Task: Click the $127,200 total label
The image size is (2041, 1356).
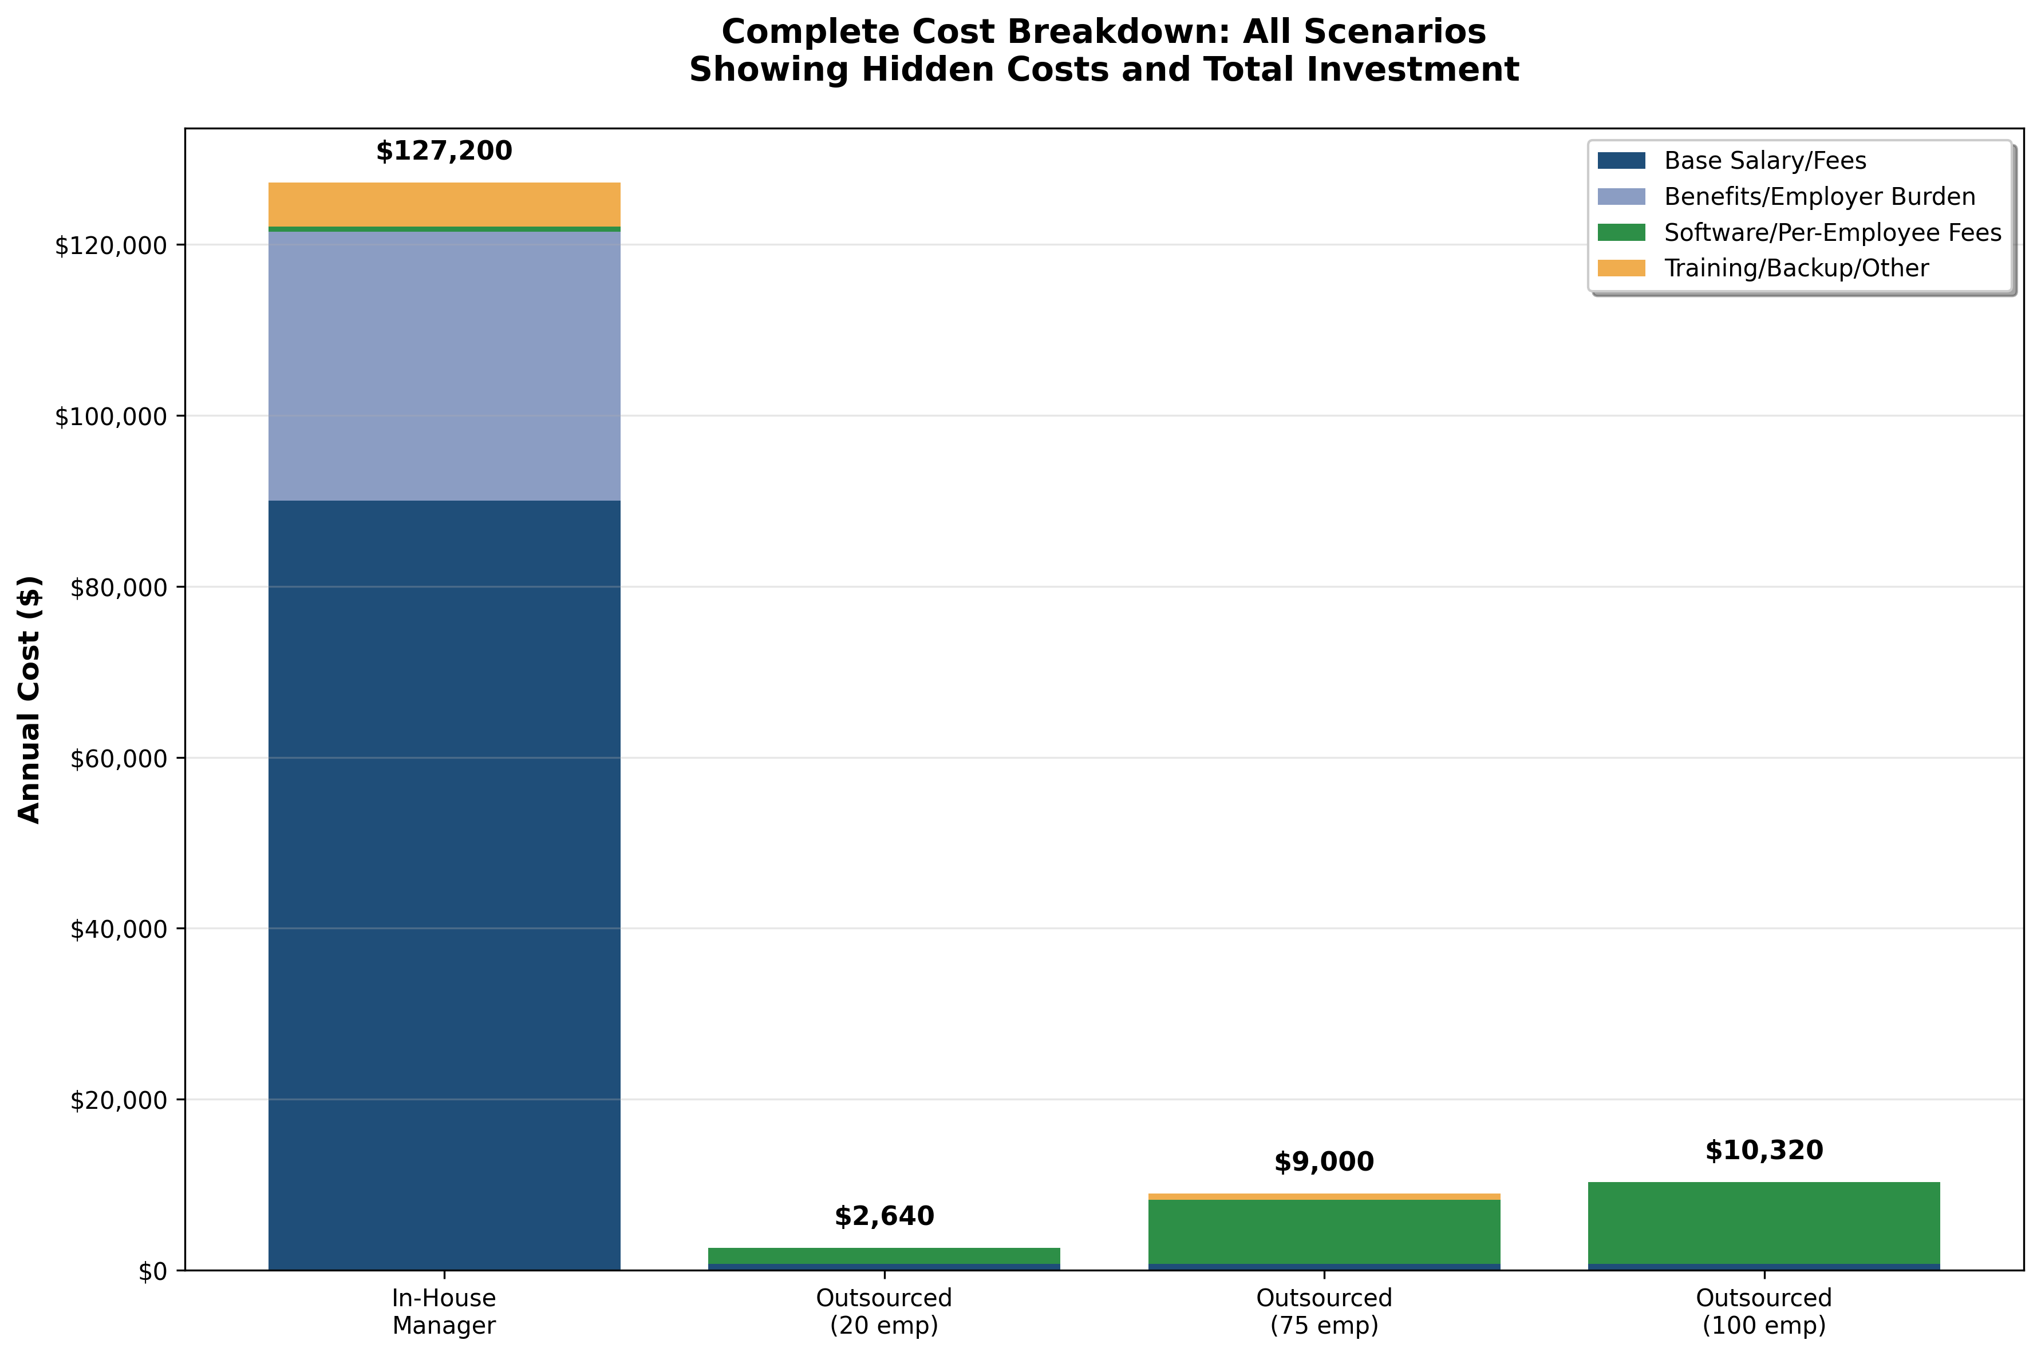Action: click(x=444, y=152)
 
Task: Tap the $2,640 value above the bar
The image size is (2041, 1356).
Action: click(x=883, y=1217)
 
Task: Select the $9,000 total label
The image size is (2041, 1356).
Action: click(x=1323, y=1162)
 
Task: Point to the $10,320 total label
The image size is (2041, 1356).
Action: click(x=1763, y=1151)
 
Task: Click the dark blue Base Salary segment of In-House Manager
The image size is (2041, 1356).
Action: click(x=444, y=882)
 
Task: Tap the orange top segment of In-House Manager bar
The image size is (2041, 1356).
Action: click(x=444, y=204)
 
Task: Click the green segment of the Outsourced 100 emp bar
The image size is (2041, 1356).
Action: click(x=1763, y=1223)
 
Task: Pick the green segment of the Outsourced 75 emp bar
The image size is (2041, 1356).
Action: click(x=1323, y=1231)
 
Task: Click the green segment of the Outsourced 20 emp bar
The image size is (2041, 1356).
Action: click(x=883, y=1256)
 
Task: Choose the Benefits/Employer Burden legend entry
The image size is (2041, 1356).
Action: click(x=1819, y=197)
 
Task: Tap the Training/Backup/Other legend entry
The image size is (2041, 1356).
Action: click(x=1795, y=268)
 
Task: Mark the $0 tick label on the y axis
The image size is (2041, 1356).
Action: click(x=153, y=1272)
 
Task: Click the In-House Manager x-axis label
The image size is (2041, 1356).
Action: click(x=444, y=1311)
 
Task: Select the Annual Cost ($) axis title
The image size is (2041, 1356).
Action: click(x=29, y=699)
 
